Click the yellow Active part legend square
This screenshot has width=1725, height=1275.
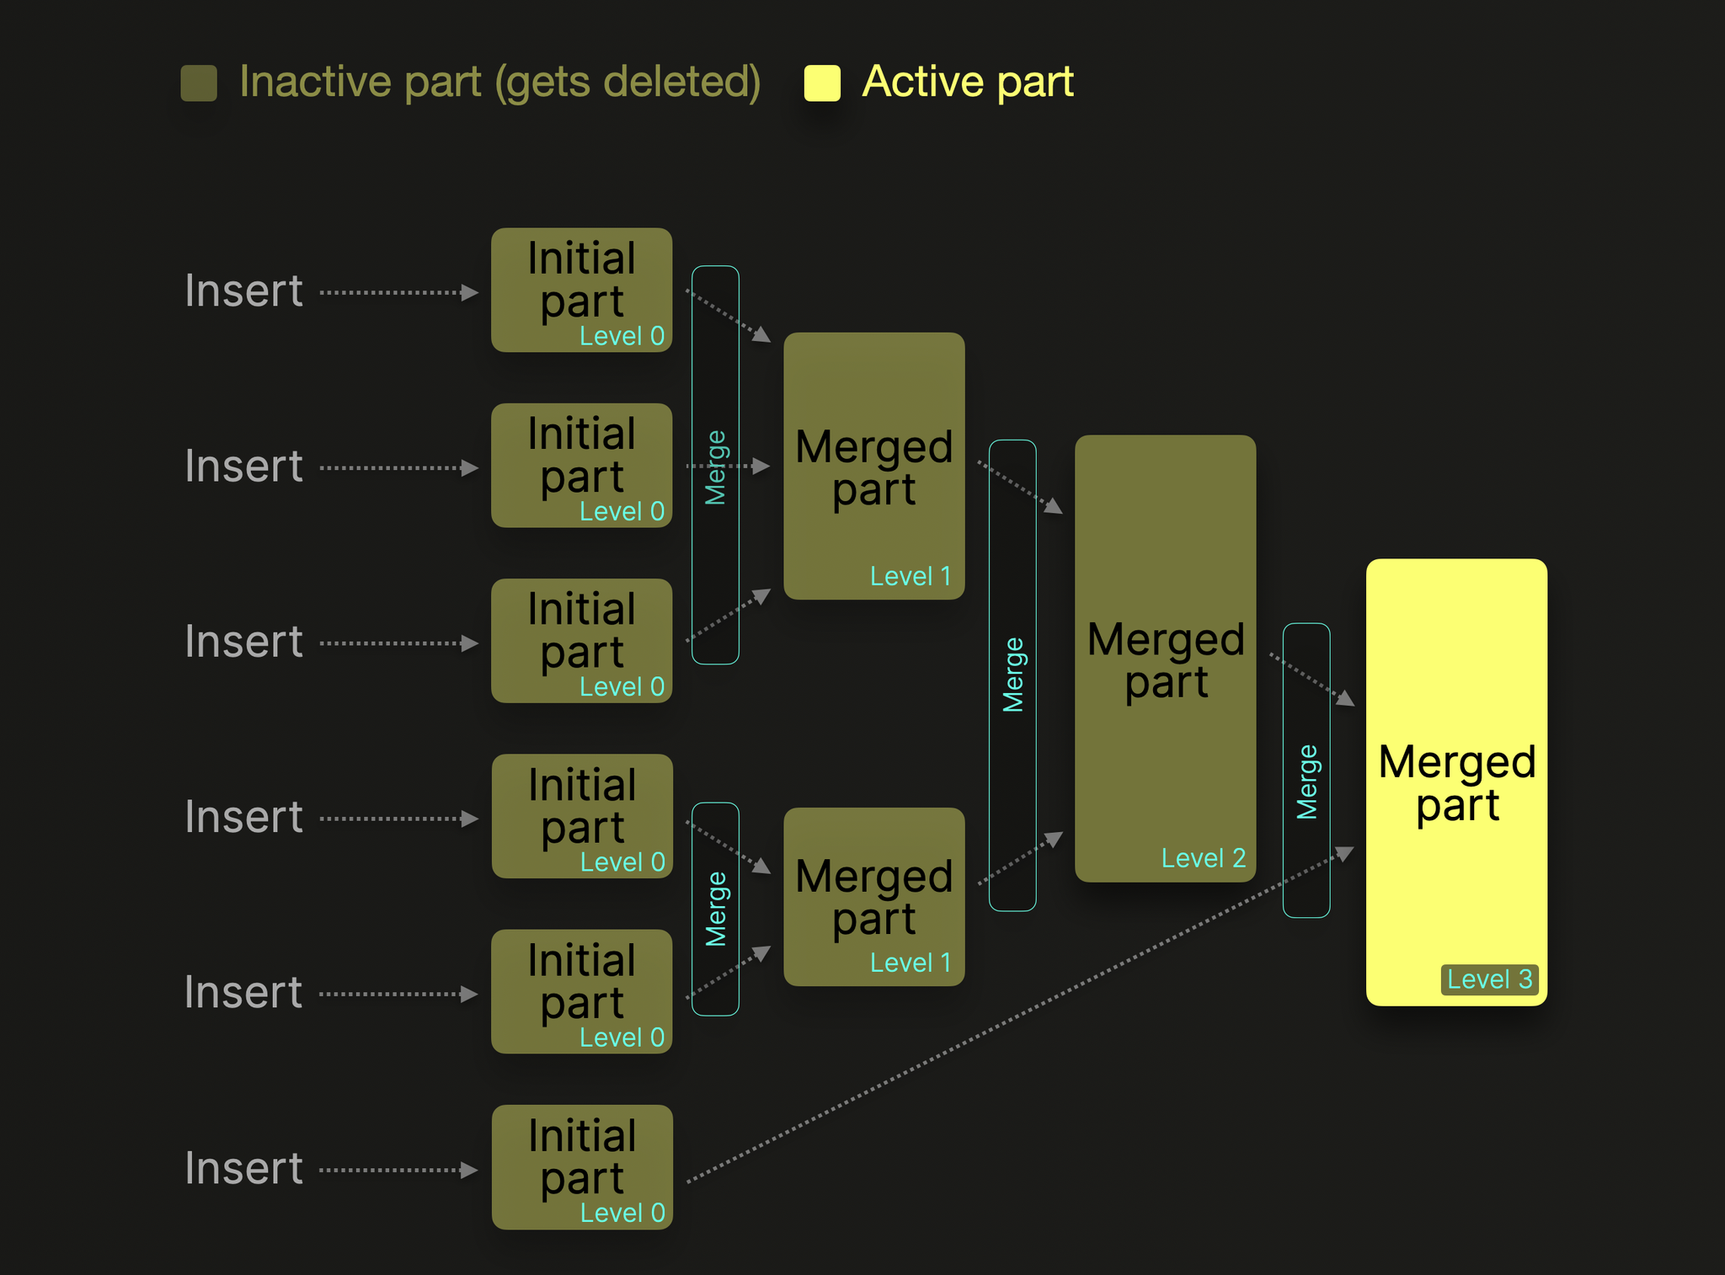pos(822,83)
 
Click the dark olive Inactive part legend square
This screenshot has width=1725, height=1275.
pos(199,83)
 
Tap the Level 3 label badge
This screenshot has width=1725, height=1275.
pos(1489,979)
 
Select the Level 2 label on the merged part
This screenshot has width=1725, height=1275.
pos(1203,858)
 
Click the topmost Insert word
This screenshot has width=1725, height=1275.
pos(243,291)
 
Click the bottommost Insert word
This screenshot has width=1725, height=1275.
pos(243,1169)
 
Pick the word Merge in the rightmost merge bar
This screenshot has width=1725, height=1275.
pos(1306,782)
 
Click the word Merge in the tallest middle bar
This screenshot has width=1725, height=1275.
pos(1013,675)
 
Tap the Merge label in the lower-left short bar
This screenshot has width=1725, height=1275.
pos(716,909)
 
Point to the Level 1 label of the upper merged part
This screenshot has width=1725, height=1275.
pos(911,577)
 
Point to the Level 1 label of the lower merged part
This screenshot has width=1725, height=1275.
pos(911,963)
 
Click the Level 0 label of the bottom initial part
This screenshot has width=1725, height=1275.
pos(622,1213)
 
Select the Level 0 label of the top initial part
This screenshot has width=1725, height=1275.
pos(622,336)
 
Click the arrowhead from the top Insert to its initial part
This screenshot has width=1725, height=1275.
pos(471,293)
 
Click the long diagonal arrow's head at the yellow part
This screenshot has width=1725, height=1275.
pos(1345,853)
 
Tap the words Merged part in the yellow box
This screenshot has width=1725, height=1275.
pos(1457,783)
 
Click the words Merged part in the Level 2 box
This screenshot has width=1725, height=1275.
pos(1166,660)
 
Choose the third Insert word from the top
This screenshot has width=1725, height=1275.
pos(243,642)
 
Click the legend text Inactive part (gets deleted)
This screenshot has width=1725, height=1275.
pos(499,83)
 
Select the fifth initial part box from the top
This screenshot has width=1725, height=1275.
pos(582,991)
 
